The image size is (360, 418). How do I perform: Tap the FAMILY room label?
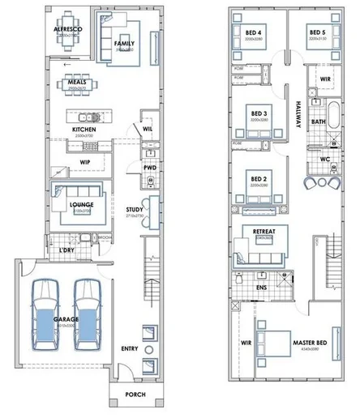point(123,44)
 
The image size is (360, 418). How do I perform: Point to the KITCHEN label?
point(84,130)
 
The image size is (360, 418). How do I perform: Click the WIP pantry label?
point(84,161)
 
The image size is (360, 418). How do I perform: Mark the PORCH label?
point(135,395)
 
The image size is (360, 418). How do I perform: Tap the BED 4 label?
point(253,33)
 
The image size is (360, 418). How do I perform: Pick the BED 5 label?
point(316,33)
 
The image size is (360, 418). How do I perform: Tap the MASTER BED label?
point(309,343)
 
